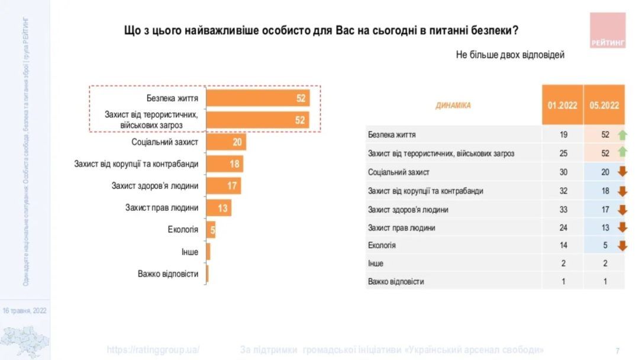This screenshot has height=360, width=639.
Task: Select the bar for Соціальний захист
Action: point(226,142)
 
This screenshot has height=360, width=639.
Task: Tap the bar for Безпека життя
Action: point(258,98)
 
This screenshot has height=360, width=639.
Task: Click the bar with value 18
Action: point(224,164)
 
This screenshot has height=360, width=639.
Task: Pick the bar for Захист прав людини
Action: point(218,208)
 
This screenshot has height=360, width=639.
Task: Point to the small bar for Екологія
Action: point(211,230)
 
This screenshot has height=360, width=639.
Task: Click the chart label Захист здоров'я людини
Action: point(155,186)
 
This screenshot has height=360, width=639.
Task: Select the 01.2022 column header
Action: point(562,105)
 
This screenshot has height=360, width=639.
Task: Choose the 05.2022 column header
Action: point(604,105)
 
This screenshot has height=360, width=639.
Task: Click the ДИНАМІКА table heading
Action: point(453,105)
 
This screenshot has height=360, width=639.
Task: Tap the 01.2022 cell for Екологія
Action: point(563,245)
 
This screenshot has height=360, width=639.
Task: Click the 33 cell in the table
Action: point(563,209)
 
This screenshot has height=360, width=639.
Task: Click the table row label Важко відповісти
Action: point(396,282)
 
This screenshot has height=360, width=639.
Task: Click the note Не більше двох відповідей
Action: point(510,54)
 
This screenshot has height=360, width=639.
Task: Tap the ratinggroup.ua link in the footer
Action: point(153,349)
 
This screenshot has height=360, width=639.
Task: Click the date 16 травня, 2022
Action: point(25,310)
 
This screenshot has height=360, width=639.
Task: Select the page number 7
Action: point(617,350)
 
